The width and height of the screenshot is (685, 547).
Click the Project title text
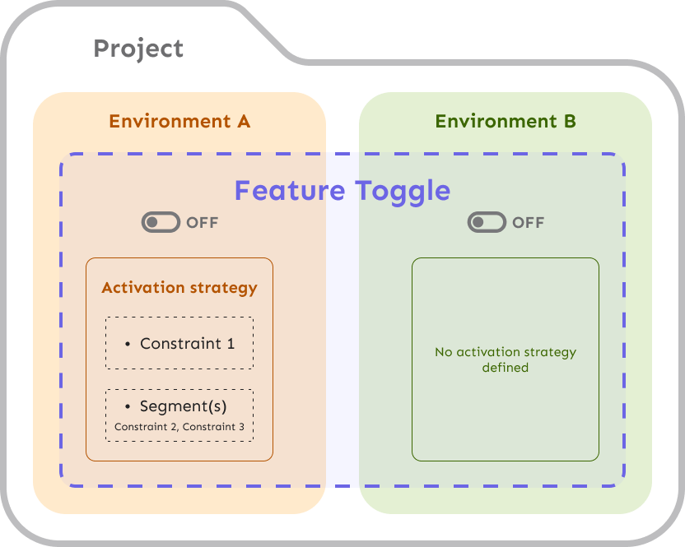(x=138, y=49)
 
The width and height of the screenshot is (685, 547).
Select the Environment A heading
(x=179, y=122)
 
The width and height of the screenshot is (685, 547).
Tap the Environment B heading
(x=505, y=122)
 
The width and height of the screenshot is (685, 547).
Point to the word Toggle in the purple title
(x=398, y=191)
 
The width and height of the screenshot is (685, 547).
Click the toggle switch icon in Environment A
(x=161, y=222)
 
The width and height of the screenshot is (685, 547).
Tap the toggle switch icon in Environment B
(x=487, y=222)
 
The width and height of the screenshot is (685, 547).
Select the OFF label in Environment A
(x=203, y=223)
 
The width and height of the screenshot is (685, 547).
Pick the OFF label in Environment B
(x=529, y=223)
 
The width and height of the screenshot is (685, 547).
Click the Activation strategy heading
(x=179, y=288)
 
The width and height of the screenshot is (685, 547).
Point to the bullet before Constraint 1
(x=128, y=344)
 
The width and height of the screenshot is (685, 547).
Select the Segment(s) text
(x=183, y=406)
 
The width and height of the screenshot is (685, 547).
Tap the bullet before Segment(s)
(x=128, y=406)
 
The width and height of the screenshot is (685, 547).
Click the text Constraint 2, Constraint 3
(x=179, y=427)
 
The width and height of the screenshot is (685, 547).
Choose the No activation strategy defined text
(x=505, y=359)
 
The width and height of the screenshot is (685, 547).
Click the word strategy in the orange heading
(x=223, y=288)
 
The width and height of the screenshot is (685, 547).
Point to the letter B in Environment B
(x=569, y=122)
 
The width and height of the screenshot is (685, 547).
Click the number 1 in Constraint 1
(x=230, y=344)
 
